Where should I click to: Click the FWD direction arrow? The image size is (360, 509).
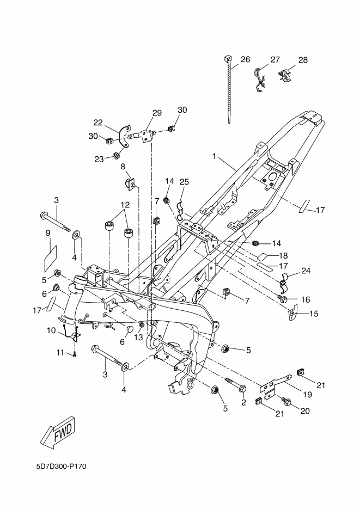click(x=57, y=433)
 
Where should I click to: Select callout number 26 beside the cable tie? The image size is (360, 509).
click(x=246, y=59)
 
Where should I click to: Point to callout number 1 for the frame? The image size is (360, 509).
click(x=215, y=156)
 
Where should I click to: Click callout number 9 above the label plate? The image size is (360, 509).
click(x=48, y=232)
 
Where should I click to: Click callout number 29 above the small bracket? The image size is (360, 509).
click(x=157, y=113)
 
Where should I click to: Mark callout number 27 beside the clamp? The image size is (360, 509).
click(x=274, y=59)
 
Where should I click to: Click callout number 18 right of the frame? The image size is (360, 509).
click(x=283, y=255)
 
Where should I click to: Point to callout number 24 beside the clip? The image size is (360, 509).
click(x=306, y=270)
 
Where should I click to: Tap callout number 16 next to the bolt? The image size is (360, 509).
click(x=305, y=299)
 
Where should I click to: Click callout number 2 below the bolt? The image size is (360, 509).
click(x=243, y=403)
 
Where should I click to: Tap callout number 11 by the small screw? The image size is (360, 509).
click(x=60, y=354)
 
